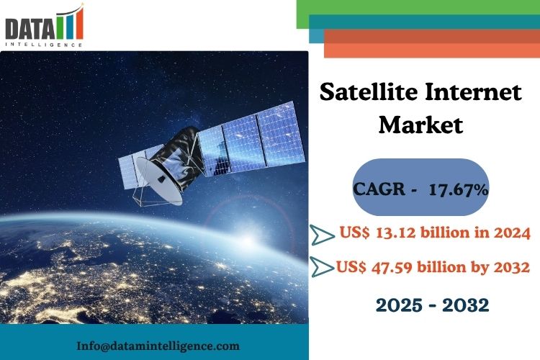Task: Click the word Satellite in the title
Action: [x=369, y=92]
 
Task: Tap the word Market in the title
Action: [x=420, y=125]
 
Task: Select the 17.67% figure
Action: [x=459, y=189]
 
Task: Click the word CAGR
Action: [x=379, y=189]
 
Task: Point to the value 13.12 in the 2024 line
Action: [x=396, y=233]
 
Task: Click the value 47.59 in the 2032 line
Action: [x=392, y=267]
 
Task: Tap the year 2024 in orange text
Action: [x=513, y=233]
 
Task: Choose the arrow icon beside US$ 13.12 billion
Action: [x=322, y=235]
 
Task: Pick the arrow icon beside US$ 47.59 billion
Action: [x=322, y=266]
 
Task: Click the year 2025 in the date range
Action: [x=399, y=305]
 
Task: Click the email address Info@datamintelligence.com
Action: [x=158, y=346]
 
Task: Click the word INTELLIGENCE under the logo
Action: [x=44, y=45]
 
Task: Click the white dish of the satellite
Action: [x=158, y=181]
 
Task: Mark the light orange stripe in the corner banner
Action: [x=432, y=50]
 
